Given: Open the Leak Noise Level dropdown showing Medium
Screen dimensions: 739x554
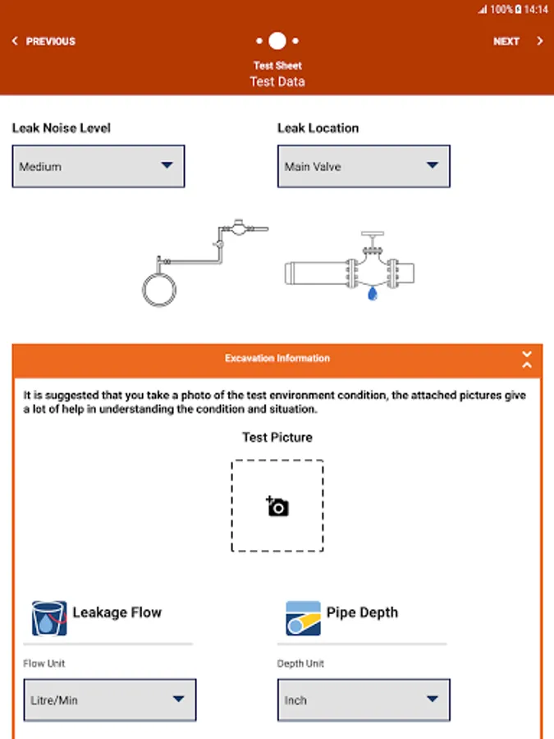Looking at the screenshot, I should click(x=98, y=166).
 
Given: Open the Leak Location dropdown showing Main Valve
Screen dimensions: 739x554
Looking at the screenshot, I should click(x=364, y=166).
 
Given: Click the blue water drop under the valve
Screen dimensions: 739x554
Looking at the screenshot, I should click(x=373, y=293).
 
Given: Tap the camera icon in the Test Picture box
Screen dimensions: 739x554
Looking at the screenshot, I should click(x=277, y=506).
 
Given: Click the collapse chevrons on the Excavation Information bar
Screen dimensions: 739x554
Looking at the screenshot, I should click(x=527, y=359).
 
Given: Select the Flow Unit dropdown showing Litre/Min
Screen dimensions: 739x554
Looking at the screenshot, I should click(x=109, y=700).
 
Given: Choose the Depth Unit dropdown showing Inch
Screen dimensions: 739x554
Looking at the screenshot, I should click(x=364, y=700).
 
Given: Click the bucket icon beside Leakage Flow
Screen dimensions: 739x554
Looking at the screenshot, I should click(x=49, y=618).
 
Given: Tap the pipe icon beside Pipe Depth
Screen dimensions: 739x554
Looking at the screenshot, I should click(x=303, y=618).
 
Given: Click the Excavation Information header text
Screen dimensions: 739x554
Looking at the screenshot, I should click(x=277, y=359).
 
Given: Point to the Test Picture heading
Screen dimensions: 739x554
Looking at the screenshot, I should click(x=277, y=438).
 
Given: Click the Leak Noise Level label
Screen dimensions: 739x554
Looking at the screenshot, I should click(x=62, y=128).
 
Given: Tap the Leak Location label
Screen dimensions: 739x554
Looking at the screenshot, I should click(x=318, y=128).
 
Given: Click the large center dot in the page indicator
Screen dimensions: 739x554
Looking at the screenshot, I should click(x=277, y=40).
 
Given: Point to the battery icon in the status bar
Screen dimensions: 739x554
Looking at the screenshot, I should click(x=519, y=10).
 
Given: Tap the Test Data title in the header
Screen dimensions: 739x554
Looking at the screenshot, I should click(x=277, y=81).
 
